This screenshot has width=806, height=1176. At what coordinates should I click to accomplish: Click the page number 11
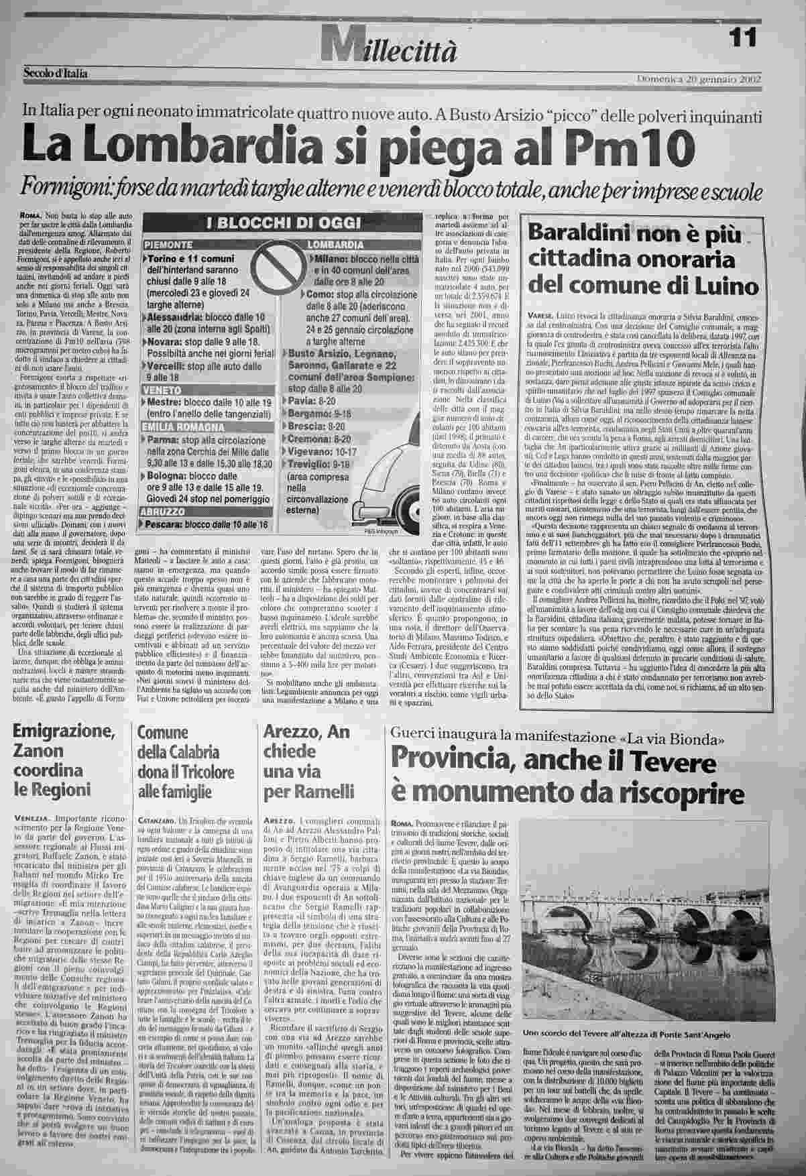point(743,38)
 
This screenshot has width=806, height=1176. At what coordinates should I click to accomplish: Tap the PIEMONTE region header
point(169,245)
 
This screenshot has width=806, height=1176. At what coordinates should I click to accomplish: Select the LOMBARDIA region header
point(335,245)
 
